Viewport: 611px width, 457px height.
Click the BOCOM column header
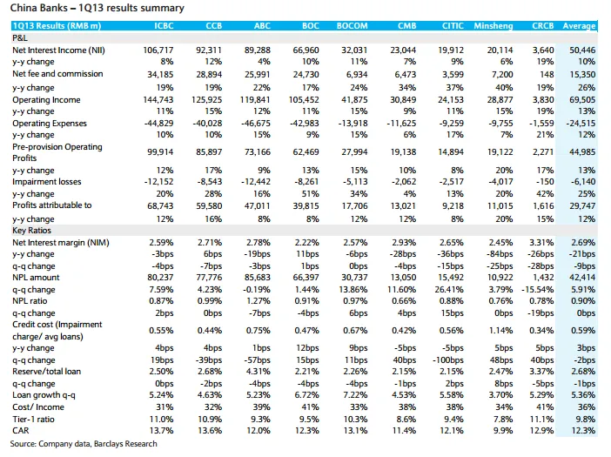pyautogui.click(x=352, y=26)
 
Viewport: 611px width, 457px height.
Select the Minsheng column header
pyautogui.click(x=493, y=26)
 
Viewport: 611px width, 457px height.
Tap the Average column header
pyautogui.click(x=579, y=26)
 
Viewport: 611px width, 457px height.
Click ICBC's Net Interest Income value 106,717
pyautogui.click(x=158, y=50)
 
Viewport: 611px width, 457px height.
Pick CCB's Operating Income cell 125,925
pyautogui.click(x=206, y=100)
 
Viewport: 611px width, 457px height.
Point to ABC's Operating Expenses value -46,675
pyautogui.click(x=256, y=124)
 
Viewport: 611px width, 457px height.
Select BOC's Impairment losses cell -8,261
pyautogui.click(x=305, y=182)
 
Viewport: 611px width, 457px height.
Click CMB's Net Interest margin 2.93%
pyautogui.click(x=404, y=242)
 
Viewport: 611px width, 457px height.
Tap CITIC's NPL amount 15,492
pyautogui.click(x=451, y=278)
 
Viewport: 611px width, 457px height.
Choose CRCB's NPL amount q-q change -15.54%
pyautogui.click(x=537, y=290)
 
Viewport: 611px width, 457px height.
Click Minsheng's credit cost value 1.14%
pyautogui.click(x=500, y=331)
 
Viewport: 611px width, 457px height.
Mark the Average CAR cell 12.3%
pyautogui.click(x=583, y=431)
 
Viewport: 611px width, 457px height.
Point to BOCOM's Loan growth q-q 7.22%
pyautogui.click(x=355, y=394)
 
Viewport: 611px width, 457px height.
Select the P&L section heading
pyautogui.click(x=20, y=37)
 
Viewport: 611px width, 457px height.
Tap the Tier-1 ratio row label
pyautogui.click(x=33, y=420)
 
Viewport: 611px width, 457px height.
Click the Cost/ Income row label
pyautogui.click(x=38, y=407)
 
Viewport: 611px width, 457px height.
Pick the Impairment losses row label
pyautogui.click(x=47, y=182)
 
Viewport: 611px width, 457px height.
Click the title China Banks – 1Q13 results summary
pyautogui.click(x=97, y=8)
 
